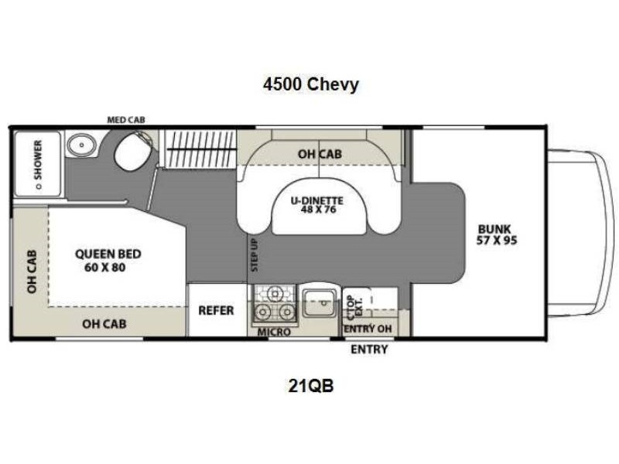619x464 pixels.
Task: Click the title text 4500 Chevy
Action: (x=309, y=85)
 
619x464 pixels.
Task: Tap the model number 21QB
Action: (x=309, y=387)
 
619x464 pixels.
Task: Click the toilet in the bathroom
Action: (x=130, y=152)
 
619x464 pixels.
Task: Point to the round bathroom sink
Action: (x=79, y=145)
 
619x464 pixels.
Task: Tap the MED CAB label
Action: (x=125, y=120)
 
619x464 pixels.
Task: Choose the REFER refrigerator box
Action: (x=216, y=310)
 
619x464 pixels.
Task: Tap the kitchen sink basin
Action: (x=317, y=302)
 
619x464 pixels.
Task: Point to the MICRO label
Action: (x=275, y=332)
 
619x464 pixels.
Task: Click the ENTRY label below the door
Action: (x=369, y=350)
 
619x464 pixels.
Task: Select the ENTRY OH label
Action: (x=369, y=330)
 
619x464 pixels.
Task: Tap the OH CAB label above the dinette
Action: (x=320, y=154)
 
